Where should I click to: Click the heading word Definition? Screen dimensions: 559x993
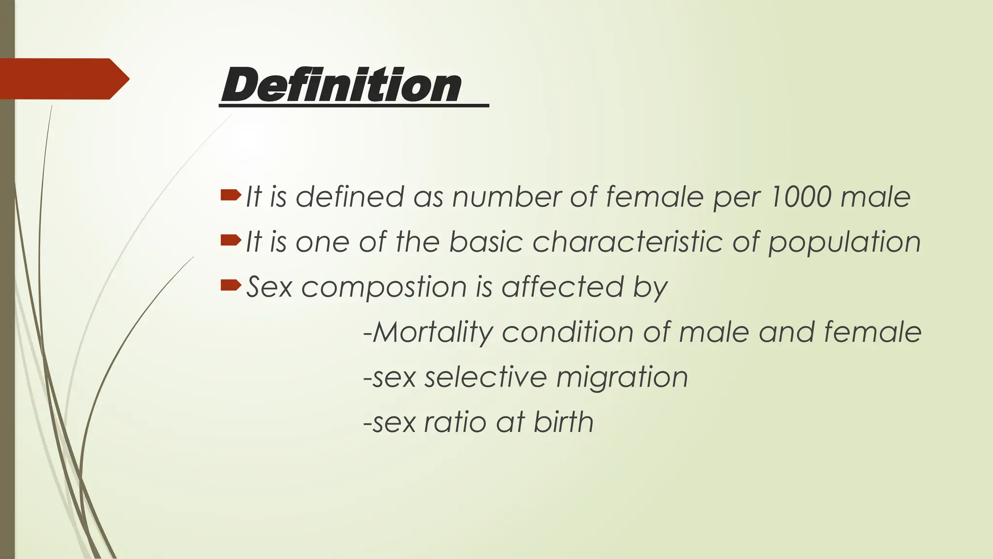(341, 85)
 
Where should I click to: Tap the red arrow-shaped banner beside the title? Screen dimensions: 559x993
(63, 79)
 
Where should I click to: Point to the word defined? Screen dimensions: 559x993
(350, 197)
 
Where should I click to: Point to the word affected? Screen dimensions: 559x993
(562, 286)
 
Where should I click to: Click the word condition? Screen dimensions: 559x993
(568, 332)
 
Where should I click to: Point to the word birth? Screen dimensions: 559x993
(563, 421)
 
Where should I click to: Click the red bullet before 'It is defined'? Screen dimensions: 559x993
(230, 195)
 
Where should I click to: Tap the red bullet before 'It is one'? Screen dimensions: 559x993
(230, 240)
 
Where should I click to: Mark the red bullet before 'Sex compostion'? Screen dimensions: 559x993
(230, 285)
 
